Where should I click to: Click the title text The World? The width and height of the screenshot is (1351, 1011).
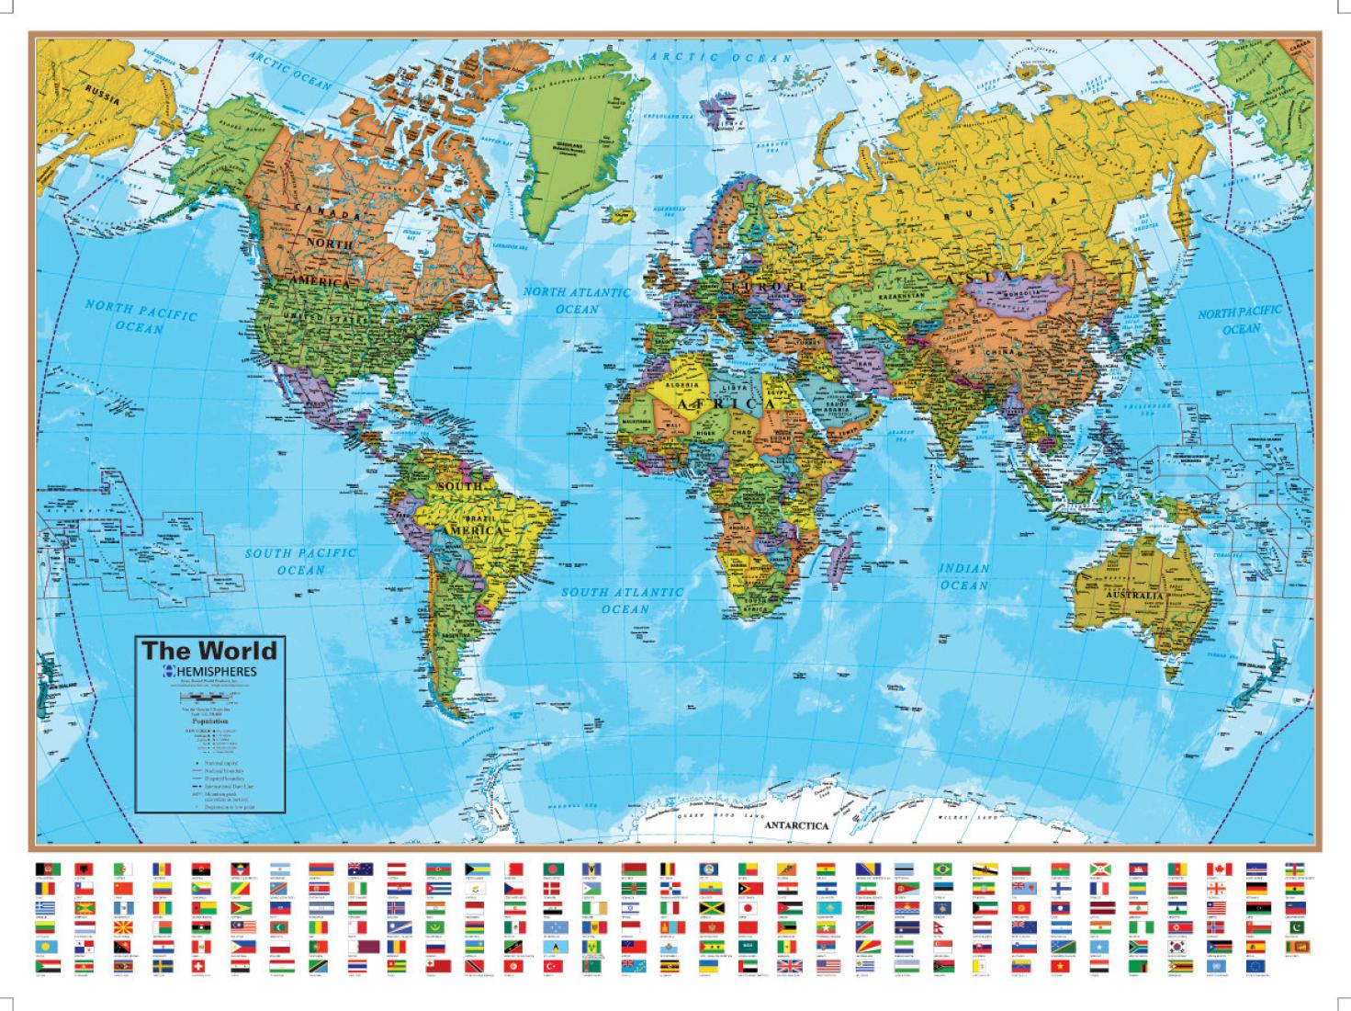coord(208,651)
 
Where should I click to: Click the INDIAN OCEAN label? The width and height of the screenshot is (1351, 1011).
coord(963,576)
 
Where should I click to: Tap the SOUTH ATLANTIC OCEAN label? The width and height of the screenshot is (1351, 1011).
coord(624,600)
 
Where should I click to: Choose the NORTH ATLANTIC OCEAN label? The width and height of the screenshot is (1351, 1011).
coord(577,300)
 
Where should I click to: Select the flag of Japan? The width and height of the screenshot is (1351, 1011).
coord(748,908)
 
